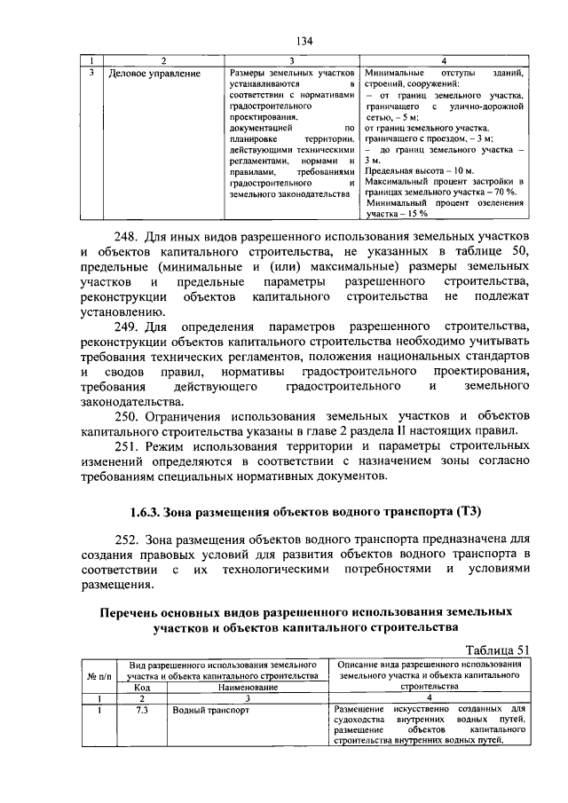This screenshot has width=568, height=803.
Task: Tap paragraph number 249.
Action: click(125, 328)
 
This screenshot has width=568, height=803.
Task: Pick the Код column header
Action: click(142, 687)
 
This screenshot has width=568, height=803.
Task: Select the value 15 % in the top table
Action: click(417, 214)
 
